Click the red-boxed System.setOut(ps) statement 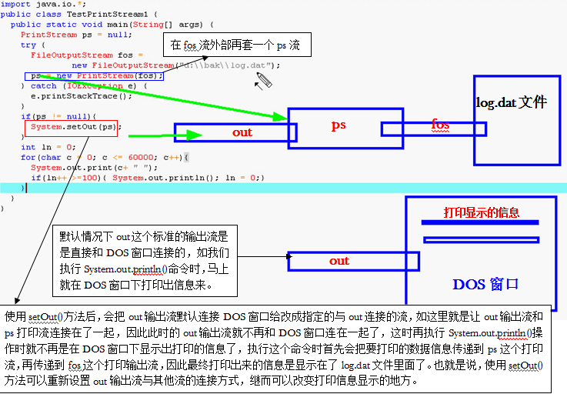coord(74,127)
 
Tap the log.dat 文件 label coord(511,102)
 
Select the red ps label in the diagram coord(339,125)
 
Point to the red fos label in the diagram coord(440,125)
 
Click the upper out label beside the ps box coord(242,132)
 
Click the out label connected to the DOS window coord(339,261)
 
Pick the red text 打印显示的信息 coord(482,212)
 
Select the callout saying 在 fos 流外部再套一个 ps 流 coord(235,46)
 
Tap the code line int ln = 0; coord(48,147)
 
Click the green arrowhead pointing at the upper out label coord(196,135)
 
